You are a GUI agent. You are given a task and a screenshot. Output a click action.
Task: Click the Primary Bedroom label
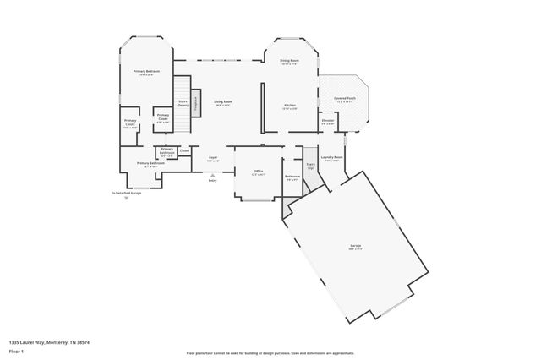(147, 72)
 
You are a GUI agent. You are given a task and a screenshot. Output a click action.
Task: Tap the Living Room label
(222, 102)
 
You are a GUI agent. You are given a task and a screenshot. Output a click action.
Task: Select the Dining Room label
(290, 61)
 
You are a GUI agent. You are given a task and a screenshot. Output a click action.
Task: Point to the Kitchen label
(290, 106)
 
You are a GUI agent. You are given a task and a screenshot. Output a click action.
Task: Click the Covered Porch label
(343, 98)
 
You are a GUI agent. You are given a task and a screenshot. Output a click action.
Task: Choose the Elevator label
(327, 121)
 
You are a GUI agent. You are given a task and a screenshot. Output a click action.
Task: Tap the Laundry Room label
(333, 157)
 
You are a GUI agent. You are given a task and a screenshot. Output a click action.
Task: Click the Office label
(259, 172)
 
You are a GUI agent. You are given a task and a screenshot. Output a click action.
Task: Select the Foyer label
(214, 158)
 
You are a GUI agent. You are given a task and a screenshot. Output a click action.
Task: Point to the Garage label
(355, 247)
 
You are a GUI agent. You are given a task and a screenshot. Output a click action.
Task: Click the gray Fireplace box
(195, 103)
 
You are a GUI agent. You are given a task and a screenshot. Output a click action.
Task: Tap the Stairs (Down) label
(183, 102)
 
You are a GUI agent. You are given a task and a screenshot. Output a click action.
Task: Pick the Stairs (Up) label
(311, 166)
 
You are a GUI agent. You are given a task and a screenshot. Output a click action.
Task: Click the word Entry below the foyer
(212, 180)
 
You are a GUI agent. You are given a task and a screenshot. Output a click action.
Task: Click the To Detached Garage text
(127, 193)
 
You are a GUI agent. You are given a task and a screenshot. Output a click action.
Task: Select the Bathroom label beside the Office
(292, 177)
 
